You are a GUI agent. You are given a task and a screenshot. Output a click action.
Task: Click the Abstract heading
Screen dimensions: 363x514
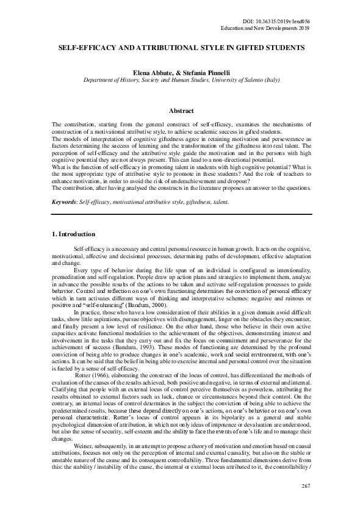coord(181,110)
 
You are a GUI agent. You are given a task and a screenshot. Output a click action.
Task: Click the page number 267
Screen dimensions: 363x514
coord(306,502)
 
